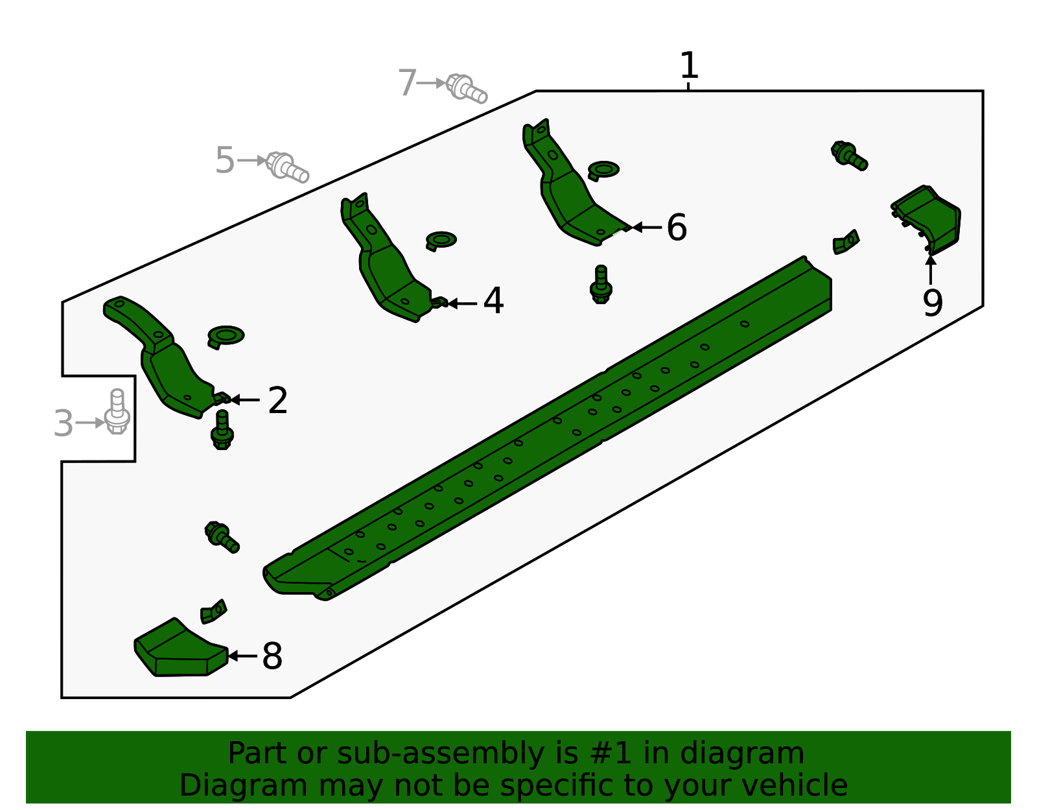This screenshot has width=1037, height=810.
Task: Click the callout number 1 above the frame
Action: tap(688, 66)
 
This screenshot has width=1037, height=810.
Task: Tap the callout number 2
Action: tap(277, 401)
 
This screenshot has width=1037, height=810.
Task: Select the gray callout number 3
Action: tap(64, 423)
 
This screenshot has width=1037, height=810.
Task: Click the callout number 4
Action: tap(493, 301)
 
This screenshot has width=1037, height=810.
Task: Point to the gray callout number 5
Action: tap(224, 160)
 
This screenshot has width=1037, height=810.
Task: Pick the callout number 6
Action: tap(676, 228)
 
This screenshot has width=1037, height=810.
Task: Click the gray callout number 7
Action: tap(407, 84)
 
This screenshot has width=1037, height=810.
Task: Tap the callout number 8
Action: tap(272, 656)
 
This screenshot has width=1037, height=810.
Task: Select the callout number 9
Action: tap(932, 303)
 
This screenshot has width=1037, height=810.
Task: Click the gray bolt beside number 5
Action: tap(287, 167)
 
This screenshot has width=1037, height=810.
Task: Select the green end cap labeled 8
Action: tap(178, 650)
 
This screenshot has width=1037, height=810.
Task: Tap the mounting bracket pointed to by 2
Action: tap(162, 357)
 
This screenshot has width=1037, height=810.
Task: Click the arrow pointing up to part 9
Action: tap(931, 269)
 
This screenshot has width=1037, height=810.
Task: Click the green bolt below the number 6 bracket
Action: tap(601, 285)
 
